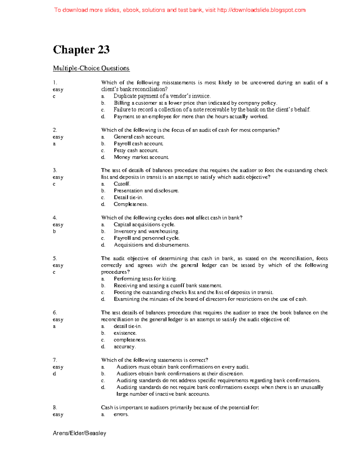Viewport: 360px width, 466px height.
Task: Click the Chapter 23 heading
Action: pyautogui.click(x=81, y=50)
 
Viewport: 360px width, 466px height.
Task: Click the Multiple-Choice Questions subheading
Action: pyautogui.click(x=91, y=68)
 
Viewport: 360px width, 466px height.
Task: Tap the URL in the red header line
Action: pyautogui.click(x=261, y=10)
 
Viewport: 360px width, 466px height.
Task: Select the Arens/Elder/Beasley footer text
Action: pyautogui.click(x=79, y=433)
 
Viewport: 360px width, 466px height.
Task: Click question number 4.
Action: pyautogui.click(x=55, y=218)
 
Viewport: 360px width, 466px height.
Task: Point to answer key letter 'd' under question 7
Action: pyautogui.click(x=54, y=374)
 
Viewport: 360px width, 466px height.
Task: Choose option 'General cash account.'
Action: pyautogui.click(x=139, y=137)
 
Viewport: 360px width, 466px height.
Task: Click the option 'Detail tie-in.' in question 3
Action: pyautogui.click(x=128, y=197)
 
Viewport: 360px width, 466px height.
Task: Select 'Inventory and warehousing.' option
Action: pyautogui.click(x=146, y=231)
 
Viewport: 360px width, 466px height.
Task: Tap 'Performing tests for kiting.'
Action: pyautogui.click(x=145, y=279)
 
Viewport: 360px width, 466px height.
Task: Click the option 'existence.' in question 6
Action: pyautogui.click(x=125, y=333)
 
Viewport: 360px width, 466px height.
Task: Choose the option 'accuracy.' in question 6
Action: pyautogui.click(x=124, y=347)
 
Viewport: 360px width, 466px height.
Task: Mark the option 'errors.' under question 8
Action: pyautogui.click(x=121, y=414)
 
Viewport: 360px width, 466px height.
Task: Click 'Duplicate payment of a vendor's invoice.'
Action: pyautogui.click(x=162, y=96)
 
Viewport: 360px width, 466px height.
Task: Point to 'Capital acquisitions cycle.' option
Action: pyautogui.click(x=144, y=224)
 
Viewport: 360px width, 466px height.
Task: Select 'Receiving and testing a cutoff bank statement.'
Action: pyautogui.click(x=168, y=286)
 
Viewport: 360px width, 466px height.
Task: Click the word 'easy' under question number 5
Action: pyautogui.click(x=58, y=265)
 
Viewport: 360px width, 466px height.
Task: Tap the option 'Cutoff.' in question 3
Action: pyautogui.click(x=122, y=184)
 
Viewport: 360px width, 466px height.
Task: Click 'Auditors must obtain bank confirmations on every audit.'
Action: pyautogui.click(x=183, y=367)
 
